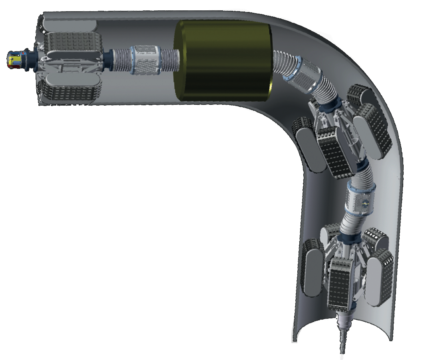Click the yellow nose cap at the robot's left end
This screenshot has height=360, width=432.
15,60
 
